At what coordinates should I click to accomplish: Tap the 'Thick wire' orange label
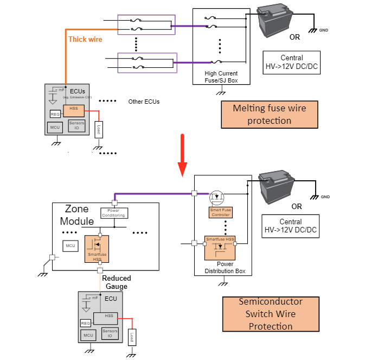[85, 39]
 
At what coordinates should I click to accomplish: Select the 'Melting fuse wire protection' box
[269, 114]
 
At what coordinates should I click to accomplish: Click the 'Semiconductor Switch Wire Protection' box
[271, 314]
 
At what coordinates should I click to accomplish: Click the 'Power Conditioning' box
[114, 213]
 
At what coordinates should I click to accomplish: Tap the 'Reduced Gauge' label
[117, 282]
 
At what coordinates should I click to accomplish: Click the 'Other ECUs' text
[144, 102]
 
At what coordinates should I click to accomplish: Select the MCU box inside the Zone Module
[71, 246]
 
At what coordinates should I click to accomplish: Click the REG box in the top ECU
[55, 114]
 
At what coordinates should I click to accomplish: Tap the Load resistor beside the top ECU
[98, 130]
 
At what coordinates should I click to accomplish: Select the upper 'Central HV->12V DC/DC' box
[291, 62]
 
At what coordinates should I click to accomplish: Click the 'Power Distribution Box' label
[223, 268]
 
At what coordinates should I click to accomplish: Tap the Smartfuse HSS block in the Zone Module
[97, 249]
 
